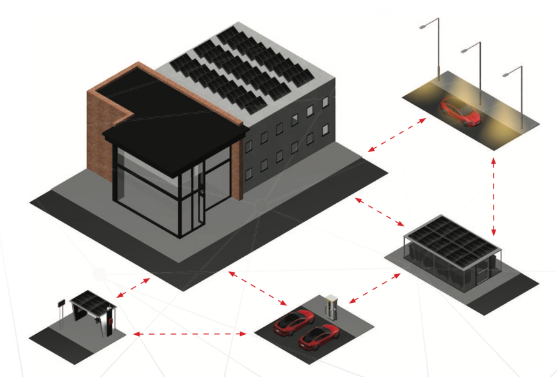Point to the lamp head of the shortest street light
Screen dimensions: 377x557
coord(506,73)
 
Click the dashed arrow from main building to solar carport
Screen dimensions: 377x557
coord(380,212)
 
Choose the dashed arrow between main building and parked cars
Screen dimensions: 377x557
coord(255,287)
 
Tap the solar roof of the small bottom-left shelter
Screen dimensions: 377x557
coord(92,298)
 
